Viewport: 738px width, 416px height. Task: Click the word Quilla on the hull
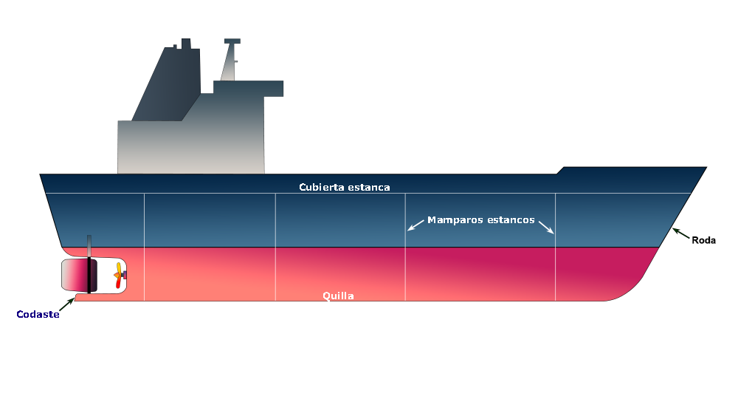click(x=338, y=296)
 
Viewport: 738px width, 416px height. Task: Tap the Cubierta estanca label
click(x=344, y=187)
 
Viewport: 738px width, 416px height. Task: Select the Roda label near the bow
click(x=703, y=239)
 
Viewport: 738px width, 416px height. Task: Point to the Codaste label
click(x=37, y=315)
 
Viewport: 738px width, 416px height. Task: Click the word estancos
click(x=508, y=219)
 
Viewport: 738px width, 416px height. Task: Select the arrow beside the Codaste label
click(x=66, y=304)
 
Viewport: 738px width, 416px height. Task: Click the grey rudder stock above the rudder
click(x=89, y=246)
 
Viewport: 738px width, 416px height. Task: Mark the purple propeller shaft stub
click(x=124, y=275)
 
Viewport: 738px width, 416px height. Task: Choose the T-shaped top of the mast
click(x=232, y=41)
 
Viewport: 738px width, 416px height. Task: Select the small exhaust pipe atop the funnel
click(x=185, y=44)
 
